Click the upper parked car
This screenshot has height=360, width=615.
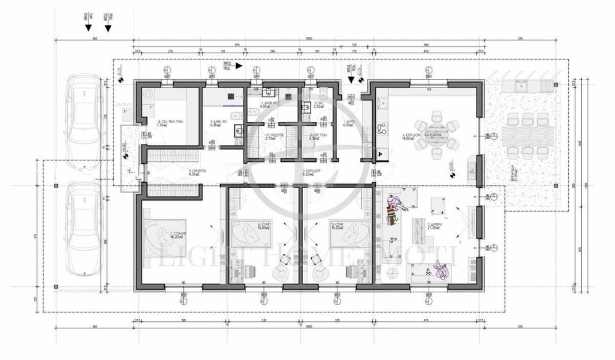click(x=85, y=118)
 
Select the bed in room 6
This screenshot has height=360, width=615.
click(x=250, y=234)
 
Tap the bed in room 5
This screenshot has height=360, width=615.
click(x=347, y=234)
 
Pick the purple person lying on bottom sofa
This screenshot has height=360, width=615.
click(x=441, y=270)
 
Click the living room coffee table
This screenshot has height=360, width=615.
click(x=418, y=227)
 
